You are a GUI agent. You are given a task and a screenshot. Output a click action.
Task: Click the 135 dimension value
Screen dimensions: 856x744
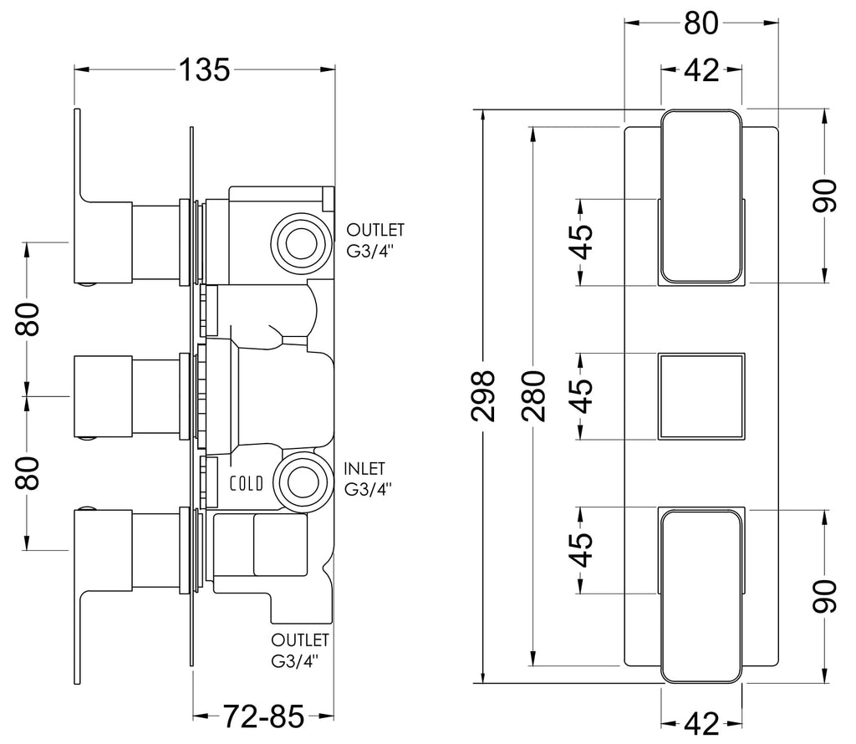pyautogui.click(x=205, y=70)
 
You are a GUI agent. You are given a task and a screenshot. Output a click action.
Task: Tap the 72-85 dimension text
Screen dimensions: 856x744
pyautogui.click(x=263, y=716)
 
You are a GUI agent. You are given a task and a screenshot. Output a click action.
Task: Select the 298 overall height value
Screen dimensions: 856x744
pyautogui.click(x=483, y=396)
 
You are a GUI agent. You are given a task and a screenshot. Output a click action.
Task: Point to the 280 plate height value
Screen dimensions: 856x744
pyautogui.click(x=533, y=396)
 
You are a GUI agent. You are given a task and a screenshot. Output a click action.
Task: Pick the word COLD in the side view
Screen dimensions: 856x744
pyautogui.click(x=247, y=484)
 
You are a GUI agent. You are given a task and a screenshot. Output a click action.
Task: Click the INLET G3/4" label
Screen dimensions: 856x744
pyautogui.click(x=368, y=479)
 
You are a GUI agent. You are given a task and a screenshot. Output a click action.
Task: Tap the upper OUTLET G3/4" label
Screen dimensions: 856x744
pyautogui.click(x=375, y=240)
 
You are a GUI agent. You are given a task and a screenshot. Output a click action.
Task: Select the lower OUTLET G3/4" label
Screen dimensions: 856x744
pyautogui.click(x=300, y=650)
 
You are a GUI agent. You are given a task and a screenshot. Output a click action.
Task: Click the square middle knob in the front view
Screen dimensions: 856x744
pyautogui.click(x=701, y=396)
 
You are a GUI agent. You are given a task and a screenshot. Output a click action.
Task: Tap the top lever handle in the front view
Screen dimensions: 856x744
pyautogui.click(x=701, y=197)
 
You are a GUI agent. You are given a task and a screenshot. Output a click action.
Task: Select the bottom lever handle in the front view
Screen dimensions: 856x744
pyautogui.click(x=701, y=595)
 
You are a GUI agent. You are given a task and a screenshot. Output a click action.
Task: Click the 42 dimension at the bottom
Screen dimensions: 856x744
pyautogui.click(x=701, y=724)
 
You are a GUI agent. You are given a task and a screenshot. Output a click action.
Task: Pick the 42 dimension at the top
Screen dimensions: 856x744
pyautogui.click(x=701, y=70)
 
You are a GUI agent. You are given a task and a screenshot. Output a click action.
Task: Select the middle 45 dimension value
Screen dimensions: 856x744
pyautogui.click(x=581, y=396)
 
